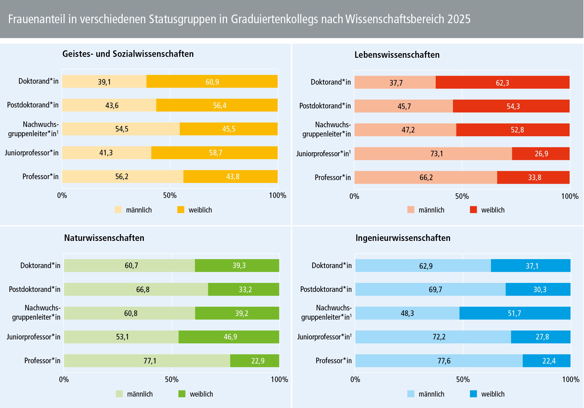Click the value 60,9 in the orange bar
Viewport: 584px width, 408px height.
212,82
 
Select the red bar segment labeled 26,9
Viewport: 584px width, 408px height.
541,154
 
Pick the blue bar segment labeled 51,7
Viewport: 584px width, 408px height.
514,313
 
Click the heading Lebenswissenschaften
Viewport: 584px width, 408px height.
397,55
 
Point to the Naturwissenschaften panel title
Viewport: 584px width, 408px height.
104,238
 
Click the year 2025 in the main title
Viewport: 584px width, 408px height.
459,19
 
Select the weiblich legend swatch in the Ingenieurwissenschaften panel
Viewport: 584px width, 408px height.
473,394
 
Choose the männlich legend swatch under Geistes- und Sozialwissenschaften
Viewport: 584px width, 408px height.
118,210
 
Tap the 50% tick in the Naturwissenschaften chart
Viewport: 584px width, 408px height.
171,379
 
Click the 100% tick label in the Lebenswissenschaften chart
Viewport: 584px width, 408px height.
569,196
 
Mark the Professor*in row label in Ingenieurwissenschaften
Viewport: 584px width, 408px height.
333,360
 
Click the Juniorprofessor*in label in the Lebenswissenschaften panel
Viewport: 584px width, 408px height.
323,154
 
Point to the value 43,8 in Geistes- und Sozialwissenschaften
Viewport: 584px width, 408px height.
233,176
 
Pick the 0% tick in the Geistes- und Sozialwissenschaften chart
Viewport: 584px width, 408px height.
62,195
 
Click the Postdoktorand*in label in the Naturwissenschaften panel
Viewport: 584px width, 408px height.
35,289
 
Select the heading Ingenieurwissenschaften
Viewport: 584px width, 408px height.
403,238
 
